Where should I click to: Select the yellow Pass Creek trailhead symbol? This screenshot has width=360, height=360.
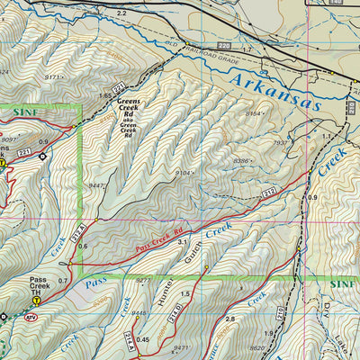[36, 301]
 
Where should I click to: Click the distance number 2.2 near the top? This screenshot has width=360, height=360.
[121, 14]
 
